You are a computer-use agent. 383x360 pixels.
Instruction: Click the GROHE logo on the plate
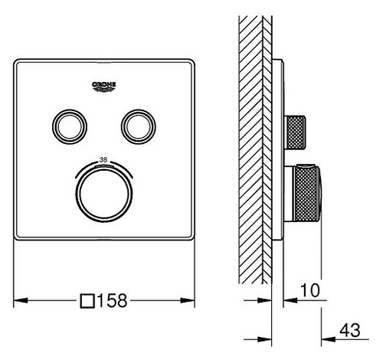tap(103, 87)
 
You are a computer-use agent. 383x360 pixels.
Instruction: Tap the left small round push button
tap(70, 126)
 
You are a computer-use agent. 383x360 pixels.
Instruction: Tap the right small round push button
tap(139, 126)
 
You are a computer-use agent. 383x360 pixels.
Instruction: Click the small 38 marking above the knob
tap(103, 160)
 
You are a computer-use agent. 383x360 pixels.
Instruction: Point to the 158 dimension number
tap(112, 300)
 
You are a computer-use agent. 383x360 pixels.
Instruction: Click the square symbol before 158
tap(87, 301)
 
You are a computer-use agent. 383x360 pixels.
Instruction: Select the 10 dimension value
tap(310, 290)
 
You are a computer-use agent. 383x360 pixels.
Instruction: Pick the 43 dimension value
tap(350, 330)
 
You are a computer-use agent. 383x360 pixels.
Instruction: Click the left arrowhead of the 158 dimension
tap(21, 300)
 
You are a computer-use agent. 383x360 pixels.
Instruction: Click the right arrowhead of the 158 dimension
tap(188, 300)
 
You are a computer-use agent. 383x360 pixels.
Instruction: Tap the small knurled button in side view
tap(295, 132)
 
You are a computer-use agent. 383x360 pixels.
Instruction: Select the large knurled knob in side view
tap(308, 194)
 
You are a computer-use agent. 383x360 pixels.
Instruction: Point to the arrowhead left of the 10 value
tap(290, 300)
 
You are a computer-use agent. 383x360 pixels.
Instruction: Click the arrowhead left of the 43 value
tap(329, 339)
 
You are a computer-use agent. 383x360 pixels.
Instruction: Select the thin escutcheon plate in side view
tap(277, 149)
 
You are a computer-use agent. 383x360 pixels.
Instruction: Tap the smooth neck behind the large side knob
tap(289, 194)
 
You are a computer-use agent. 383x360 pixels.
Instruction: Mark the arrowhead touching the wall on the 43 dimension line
tap(264, 339)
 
